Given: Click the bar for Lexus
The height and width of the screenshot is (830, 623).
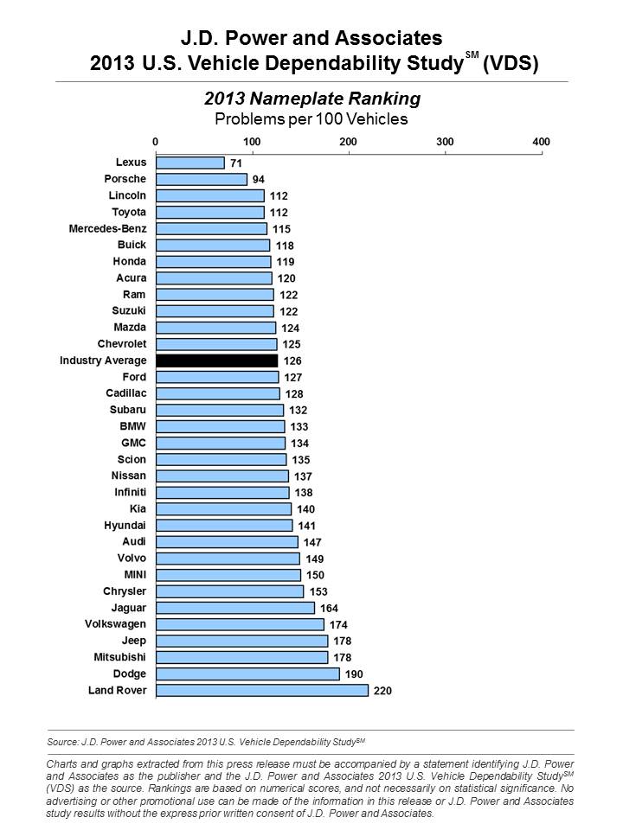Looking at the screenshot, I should [189, 163].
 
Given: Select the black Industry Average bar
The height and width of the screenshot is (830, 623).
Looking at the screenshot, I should [216, 361].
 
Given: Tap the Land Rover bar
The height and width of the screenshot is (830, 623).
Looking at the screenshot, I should [261, 690].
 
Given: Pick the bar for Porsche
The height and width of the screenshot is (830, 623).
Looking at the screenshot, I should [201, 179].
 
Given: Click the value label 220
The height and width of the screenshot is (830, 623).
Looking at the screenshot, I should [382, 691].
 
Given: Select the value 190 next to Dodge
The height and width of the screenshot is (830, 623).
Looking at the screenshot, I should [353, 674].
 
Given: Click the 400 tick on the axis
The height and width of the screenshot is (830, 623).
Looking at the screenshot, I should [541, 141].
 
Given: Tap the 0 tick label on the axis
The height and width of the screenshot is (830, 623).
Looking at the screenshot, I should [155, 141].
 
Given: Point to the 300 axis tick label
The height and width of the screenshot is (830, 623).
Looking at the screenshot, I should [445, 141].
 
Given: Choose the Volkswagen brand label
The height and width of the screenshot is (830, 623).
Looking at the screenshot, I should [115, 624].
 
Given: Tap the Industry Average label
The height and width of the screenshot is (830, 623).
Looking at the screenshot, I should [102, 361].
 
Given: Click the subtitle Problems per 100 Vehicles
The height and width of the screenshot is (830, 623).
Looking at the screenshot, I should [311, 118].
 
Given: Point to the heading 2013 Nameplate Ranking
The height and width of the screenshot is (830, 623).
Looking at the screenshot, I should [311, 98].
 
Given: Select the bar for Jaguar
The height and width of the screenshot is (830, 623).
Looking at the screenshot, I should [234, 608].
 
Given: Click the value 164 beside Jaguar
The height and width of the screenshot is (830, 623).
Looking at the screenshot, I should [331, 608].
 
